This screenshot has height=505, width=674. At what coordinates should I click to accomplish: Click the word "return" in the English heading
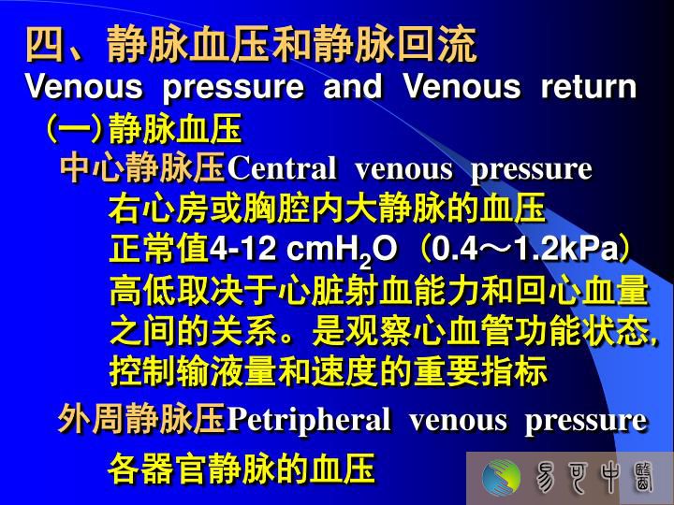click(x=589, y=86)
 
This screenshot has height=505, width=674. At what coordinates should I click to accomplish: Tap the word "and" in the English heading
click(x=353, y=86)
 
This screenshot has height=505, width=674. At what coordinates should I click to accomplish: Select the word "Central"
click(x=282, y=168)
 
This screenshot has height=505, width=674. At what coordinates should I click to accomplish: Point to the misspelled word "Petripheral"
click(x=309, y=420)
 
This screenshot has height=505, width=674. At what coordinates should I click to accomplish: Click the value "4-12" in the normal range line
click(x=242, y=249)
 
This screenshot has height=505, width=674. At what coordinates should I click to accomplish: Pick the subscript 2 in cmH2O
click(x=365, y=261)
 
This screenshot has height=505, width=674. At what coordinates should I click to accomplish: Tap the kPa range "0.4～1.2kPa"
click(x=524, y=249)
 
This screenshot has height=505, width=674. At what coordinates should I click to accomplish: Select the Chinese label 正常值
click(x=159, y=249)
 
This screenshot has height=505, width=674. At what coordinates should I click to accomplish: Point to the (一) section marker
click(x=74, y=128)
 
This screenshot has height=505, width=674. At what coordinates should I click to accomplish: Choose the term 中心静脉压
click(x=143, y=168)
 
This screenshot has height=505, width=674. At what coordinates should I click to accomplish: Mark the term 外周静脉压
click(x=142, y=419)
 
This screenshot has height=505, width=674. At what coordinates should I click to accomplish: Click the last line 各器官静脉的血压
click(x=241, y=469)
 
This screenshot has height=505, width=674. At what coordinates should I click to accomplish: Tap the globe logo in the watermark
click(x=501, y=478)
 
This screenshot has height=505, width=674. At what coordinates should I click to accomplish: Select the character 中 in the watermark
click(x=609, y=478)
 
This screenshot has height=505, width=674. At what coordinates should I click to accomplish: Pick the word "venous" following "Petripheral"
click(x=458, y=421)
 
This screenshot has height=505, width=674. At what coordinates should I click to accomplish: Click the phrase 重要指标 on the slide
click(x=480, y=371)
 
